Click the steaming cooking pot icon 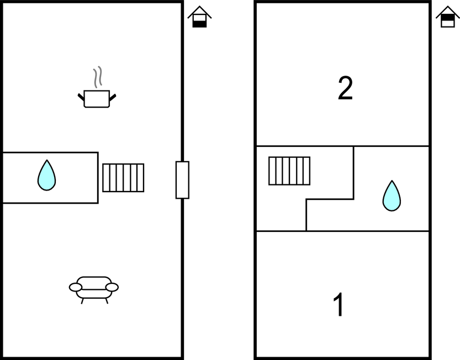[x=97, y=87]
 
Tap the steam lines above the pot [x=98, y=77]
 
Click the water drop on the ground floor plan [x=46, y=176]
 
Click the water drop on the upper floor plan [x=392, y=196]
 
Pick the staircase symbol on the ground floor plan [x=123, y=178]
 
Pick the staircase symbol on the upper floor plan [x=289, y=171]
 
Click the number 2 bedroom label [x=345, y=88]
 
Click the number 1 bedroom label [x=339, y=305]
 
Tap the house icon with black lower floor [x=199, y=17]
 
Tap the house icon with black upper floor [x=448, y=17]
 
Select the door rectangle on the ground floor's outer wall [x=182, y=180]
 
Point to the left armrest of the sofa [x=76, y=288]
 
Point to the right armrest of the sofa [x=112, y=288]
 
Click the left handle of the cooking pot [x=81, y=97]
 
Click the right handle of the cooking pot [x=113, y=97]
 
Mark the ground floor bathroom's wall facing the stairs [x=98, y=178]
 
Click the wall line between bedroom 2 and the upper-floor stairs [x=305, y=146]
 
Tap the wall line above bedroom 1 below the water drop [x=368, y=231]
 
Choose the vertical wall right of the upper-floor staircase [x=353, y=173]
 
